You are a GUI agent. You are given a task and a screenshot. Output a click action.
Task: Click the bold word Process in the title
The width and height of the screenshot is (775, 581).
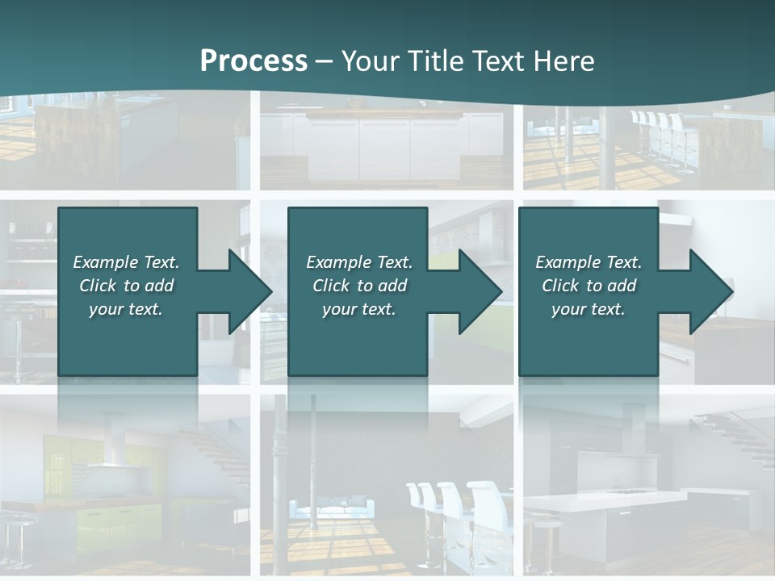coord(253,61)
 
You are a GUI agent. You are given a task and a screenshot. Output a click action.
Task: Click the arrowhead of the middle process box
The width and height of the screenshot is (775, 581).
coord(480,291)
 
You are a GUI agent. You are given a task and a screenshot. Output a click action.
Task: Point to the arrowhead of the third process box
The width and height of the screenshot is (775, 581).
coord(710,291)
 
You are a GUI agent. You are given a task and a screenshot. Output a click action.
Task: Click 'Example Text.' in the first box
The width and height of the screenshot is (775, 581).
coord(126,262)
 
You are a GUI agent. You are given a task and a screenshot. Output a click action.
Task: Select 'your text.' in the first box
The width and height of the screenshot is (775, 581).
coord(126,309)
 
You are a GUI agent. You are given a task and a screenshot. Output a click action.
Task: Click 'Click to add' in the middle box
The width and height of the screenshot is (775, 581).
coord(359,286)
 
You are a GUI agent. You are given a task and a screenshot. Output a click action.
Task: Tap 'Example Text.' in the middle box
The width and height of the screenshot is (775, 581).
coord(359,262)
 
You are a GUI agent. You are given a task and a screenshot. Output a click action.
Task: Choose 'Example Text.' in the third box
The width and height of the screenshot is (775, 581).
coord(589,262)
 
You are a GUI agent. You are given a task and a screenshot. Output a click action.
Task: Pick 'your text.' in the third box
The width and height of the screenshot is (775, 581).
coord(589,309)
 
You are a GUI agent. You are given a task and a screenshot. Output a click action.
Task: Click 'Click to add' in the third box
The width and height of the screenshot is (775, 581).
coord(589,286)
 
